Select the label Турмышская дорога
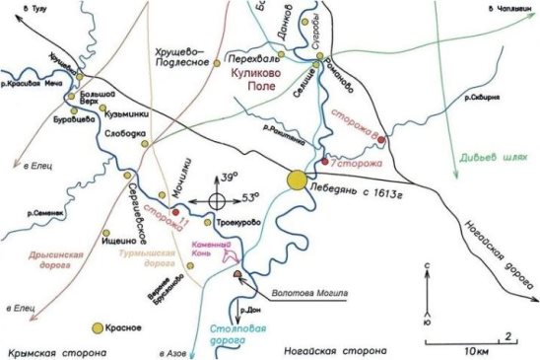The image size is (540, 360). [148, 259]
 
